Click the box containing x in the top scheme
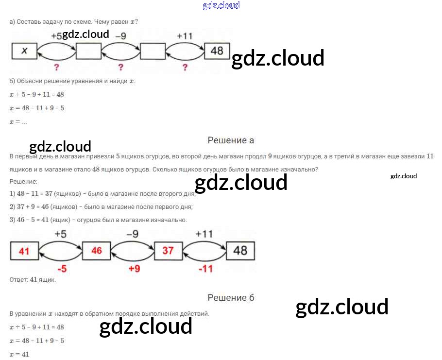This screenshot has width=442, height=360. (x=24, y=51)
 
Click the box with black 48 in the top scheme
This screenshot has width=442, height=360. (x=217, y=51)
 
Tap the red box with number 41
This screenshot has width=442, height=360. (x=24, y=251)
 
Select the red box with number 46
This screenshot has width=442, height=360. (x=96, y=251)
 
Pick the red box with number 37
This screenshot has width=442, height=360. (x=169, y=251)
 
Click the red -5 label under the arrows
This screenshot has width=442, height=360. (x=62, y=269)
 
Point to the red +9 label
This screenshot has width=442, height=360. (x=134, y=268)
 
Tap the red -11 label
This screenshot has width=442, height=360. (x=206, y=269)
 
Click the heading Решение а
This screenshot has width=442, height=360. (x=231, y=140)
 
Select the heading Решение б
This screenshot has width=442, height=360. (x=231, y=297)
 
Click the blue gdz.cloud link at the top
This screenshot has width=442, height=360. (x=221, y=5)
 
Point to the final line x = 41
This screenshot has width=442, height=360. (x=19, y=354)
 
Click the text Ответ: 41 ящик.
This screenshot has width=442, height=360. (x=33, y=280)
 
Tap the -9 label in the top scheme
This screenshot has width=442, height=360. (x=120, y=36)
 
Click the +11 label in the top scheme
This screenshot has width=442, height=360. (x=185, y=36)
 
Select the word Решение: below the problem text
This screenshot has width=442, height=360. (x=23, y=182)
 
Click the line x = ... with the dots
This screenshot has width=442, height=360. (x=18, y=122)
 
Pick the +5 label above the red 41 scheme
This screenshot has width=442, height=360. (x=60, y=234)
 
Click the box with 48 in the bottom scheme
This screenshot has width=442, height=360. (x=240, y=251)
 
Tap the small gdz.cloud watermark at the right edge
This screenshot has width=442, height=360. (x=403, y=176)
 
